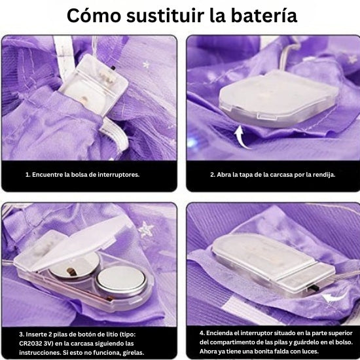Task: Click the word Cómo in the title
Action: click(94, 16)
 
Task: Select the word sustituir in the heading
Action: click(165, 16)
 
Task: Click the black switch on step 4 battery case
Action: click(314, 288)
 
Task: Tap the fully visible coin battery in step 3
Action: click(121, 281)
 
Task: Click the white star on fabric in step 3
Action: click(146, 229)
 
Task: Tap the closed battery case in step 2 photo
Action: click(278, 98)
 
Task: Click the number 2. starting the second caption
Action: click(213, 175)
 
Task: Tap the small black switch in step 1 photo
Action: click(113, 68)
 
